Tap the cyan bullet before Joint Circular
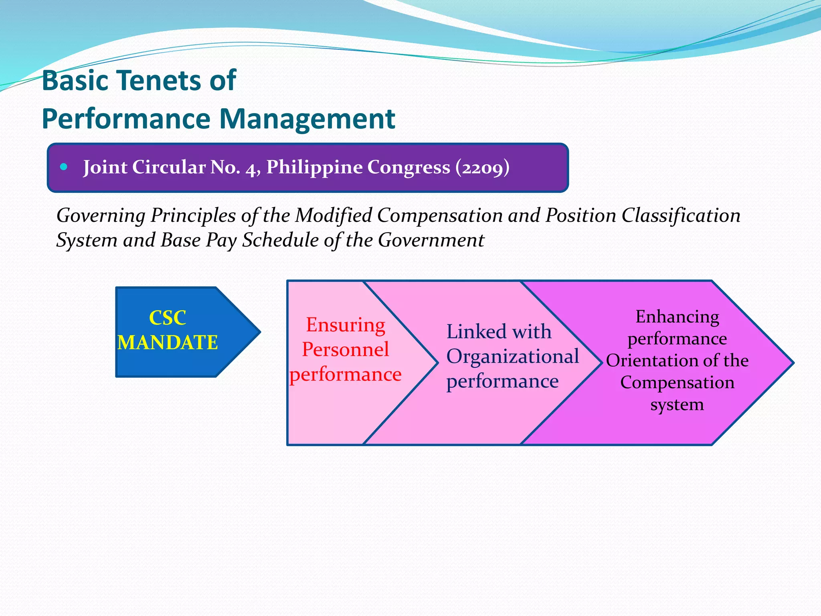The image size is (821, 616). pos(63,167)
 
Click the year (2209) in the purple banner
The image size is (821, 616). pos(482,167)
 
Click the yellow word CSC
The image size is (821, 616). pos(167,318)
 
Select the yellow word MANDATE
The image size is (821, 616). pos(167,343)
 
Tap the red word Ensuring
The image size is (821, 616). pos(346,325)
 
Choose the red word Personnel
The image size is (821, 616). pos(345,349)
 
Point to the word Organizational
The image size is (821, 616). pos(512,357)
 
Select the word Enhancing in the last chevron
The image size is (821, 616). pos(677,317)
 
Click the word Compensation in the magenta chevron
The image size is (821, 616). pos(677,383)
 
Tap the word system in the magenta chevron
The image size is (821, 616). pos(677,404)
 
